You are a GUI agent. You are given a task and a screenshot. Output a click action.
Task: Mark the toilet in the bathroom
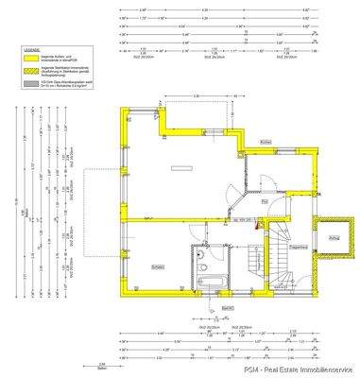tap(205, 268)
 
